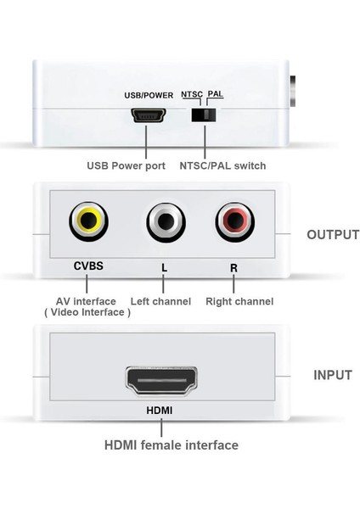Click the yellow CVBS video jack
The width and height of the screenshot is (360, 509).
point(88,223)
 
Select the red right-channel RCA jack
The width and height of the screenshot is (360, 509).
point(234,223)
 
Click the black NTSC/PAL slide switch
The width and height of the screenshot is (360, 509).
point(202,115)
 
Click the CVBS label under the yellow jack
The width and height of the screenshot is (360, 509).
point(88,266)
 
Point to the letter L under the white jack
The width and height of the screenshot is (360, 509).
point(164,267)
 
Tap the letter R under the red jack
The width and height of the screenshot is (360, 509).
point(233,267)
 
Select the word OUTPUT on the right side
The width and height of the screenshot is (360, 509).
point(333,234)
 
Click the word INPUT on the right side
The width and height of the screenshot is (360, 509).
point(333,374)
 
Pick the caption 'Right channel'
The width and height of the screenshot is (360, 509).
point(239,301)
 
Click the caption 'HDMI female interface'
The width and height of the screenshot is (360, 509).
point(171,445)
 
